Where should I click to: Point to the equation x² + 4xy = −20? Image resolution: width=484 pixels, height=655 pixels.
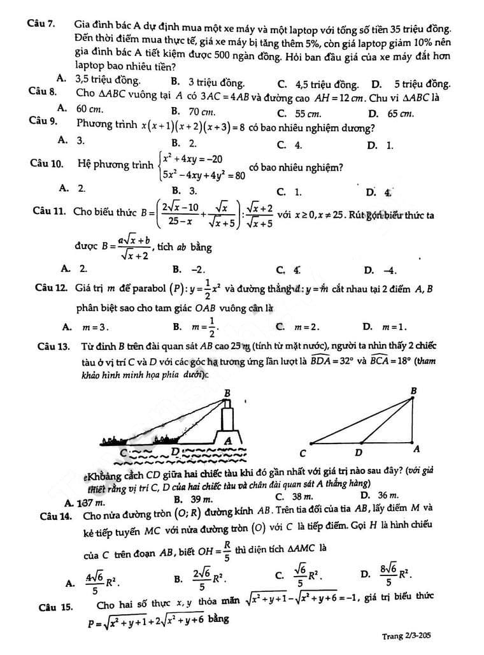(194, 158)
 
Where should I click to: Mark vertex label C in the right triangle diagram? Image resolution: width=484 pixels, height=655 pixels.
(303, 453)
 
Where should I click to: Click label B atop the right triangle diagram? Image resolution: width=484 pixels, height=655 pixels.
(413, 390)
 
